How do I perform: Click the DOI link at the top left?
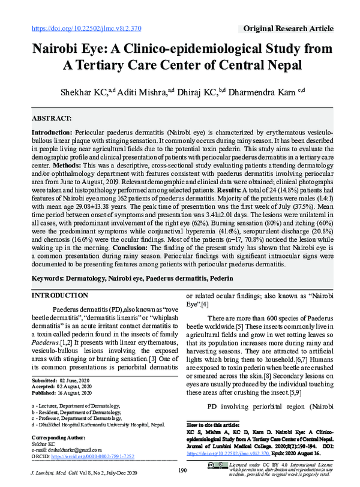[86, 28]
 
